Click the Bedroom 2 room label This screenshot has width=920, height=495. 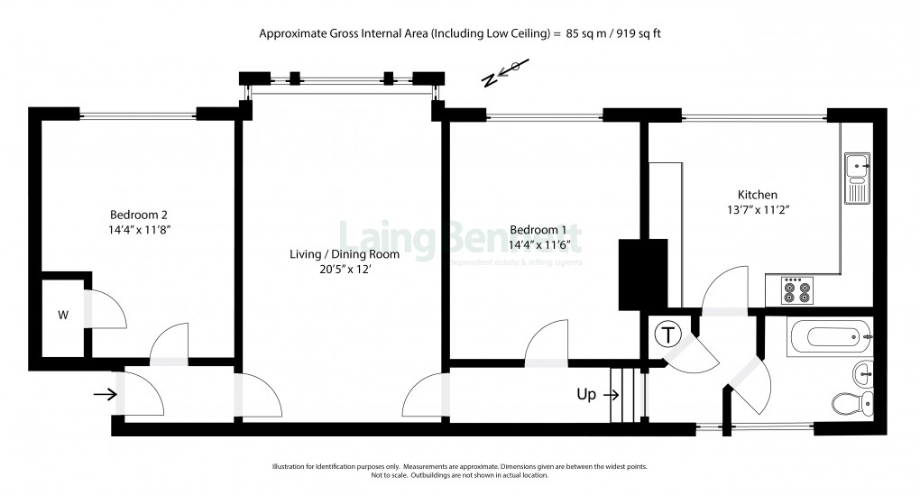click(139, 215)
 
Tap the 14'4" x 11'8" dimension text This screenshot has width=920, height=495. click(139, 230)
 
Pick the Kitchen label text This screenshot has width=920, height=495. click(757, 195)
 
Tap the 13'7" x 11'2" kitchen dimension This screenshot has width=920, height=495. click(757, 209)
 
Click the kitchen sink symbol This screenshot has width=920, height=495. click(856, 178)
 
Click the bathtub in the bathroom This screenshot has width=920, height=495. click(828, 337)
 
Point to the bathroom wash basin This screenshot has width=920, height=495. click(863, 370)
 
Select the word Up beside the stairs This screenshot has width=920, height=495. click(586, 394)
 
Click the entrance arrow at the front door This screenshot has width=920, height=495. click(106, 394)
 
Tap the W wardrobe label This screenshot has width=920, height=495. click(62, 316)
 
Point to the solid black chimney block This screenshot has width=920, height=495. click(643, 274)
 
